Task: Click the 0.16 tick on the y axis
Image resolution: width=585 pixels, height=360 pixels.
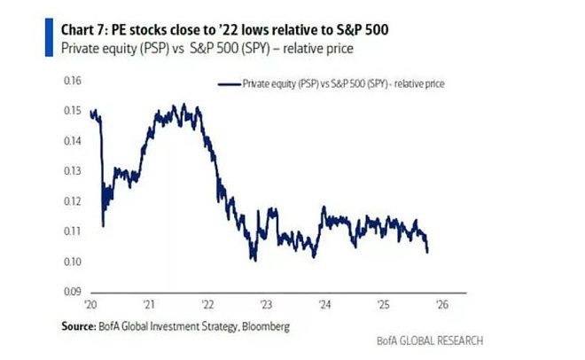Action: click(x=73, y=81)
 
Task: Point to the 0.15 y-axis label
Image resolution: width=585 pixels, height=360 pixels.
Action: click(x=73, y=111)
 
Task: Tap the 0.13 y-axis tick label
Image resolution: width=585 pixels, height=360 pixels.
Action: click(x=73, y=171)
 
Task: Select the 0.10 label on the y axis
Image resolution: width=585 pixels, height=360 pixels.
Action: click(x=73, y=262)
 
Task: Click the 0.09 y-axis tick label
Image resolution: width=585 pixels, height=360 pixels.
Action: click(x=73, y=292)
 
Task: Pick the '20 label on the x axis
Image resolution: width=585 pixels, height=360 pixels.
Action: click(x=90, y=305)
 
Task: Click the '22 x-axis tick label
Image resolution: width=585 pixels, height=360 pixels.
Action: click(x=207, y=305)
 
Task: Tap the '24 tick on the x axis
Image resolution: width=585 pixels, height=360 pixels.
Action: click(x=325, y=305)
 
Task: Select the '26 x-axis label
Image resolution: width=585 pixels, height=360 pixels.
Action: click(x=442, y=305)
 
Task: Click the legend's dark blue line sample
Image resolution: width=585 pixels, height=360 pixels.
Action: click(x=229, y=84)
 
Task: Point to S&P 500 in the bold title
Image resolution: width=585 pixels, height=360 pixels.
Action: click(x=363, y=30)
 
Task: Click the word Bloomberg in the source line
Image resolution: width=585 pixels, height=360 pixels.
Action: click(x=266, y=327)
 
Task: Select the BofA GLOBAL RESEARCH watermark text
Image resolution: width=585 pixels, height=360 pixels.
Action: click(x=430, y=340)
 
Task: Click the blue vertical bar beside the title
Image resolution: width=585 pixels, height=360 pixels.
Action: click(x=50, y=37)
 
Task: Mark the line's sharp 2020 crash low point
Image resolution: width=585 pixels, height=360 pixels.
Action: click(x=103, y=226)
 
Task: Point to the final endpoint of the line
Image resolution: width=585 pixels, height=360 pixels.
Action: click(x=427, y=252)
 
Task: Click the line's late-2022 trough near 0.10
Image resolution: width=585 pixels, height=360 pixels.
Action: click(x=255, y=261)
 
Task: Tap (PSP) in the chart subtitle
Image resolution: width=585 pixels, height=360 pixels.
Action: click(x=154, y=49)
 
